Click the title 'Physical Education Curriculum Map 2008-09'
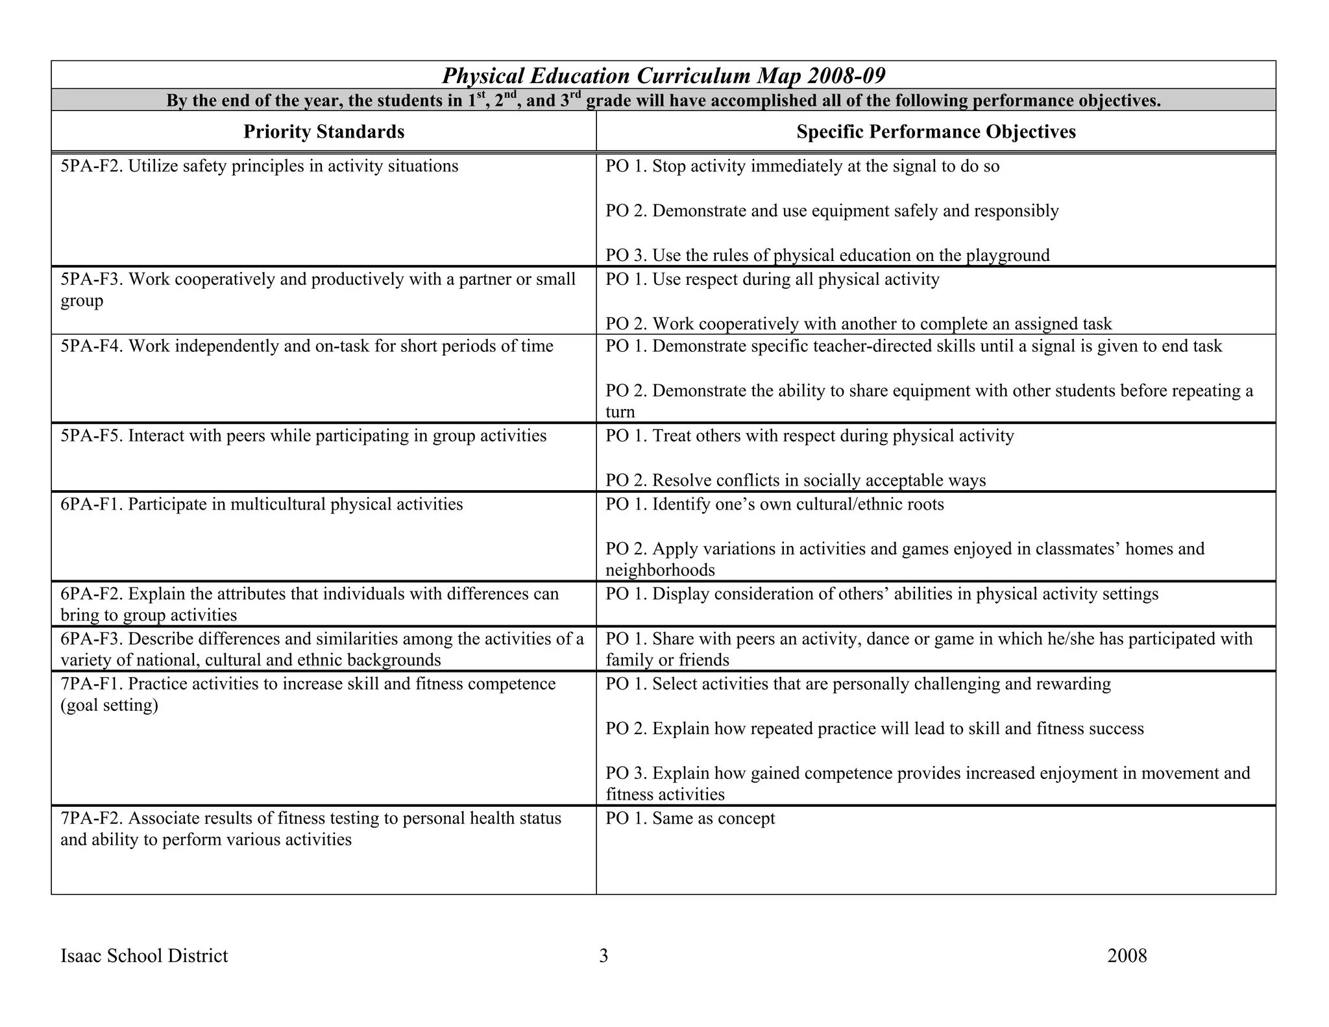point(663,76)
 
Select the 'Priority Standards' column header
point(324,132)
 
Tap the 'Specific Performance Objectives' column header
point(936,132)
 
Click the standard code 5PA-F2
point(91,167)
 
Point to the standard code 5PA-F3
point(91,280)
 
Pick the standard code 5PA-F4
point(91,347)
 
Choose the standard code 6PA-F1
point(91,504)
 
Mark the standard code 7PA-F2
point(91,819)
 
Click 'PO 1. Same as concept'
point(690,819)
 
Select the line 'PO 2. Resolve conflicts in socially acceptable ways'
point(795,480)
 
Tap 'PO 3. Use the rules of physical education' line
point(827,256)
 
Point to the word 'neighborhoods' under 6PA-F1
point(660,571)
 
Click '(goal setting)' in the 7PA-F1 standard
point(109,706)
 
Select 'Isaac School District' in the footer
point(144,956)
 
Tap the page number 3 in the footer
point(604,956)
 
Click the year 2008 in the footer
point(1127,956)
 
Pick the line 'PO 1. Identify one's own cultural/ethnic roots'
point(774,504)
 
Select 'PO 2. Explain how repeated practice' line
point(874,729)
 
